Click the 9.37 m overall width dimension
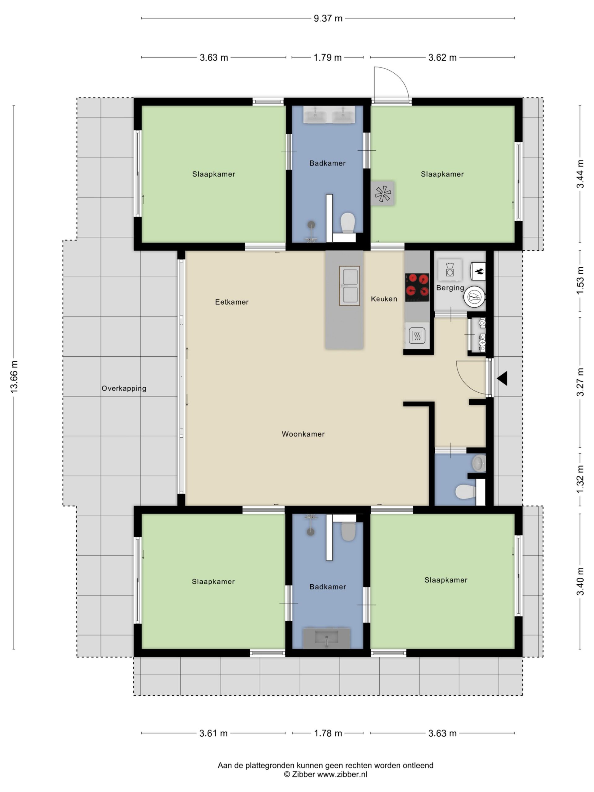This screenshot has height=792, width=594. tap(328, 18)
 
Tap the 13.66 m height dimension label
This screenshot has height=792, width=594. tap(14, 377)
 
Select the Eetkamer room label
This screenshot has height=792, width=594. tap(232, 302)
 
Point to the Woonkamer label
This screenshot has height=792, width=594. tap(303, 434)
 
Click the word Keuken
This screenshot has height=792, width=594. tap(384, 299)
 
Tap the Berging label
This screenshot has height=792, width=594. tap(450, 288)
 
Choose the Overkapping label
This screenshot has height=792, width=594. tap(124, 389)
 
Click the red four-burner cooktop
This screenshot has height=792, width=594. tap(417, 287)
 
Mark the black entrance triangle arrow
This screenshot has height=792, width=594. tap(502, 378)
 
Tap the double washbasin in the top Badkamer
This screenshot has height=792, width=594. tap(329, 114)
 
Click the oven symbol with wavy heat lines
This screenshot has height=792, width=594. tap(417, 335)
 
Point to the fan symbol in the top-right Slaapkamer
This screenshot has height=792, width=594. tap(382, 194)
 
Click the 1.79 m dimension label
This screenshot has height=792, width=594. tap(327, 58)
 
